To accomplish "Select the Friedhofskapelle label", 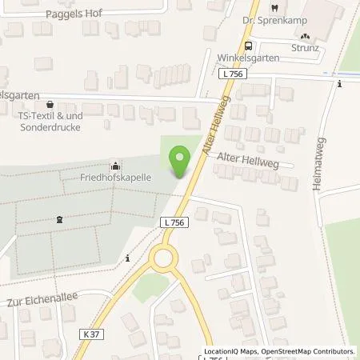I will (113, 177).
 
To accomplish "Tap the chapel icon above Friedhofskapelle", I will (113, 165).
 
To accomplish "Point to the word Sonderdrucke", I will (53, 127).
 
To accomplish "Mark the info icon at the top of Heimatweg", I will (339, 84).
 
